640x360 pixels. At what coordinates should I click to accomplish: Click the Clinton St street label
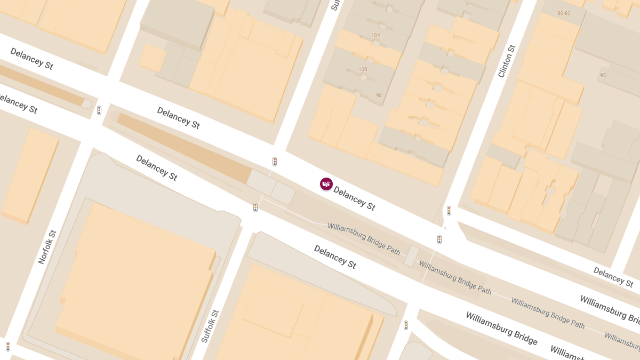(x=507, y=61)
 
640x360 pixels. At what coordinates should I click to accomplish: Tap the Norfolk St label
(x=47, y=247)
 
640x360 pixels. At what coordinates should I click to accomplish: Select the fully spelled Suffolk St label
(x=210, y=326)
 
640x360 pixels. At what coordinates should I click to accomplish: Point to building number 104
(x=376, y=35)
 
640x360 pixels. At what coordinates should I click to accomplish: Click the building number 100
(x=363, y=69)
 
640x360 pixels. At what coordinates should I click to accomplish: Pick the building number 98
(x=379, y=95)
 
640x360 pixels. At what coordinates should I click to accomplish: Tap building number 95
(x=603, y=75)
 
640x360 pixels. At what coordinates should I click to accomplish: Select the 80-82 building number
(x=564, y=13)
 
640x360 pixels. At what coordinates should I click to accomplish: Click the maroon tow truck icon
(x=326, y=184)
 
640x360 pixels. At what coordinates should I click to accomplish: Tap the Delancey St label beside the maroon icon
(x=354, y=198)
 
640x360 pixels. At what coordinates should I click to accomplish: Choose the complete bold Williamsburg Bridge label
(x=501, y=329)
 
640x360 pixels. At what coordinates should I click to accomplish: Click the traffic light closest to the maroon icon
(x=275, y=161)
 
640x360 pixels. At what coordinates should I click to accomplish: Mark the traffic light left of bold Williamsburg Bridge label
(x=406, y=325)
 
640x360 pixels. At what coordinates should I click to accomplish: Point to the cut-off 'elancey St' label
(x=19, y=104)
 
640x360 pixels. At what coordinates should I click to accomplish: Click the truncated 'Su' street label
(x=335, y=5)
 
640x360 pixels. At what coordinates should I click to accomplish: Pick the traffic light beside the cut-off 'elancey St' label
(x=99, y=110)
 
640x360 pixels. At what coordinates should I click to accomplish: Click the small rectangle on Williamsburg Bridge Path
(x=411, y=256)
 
